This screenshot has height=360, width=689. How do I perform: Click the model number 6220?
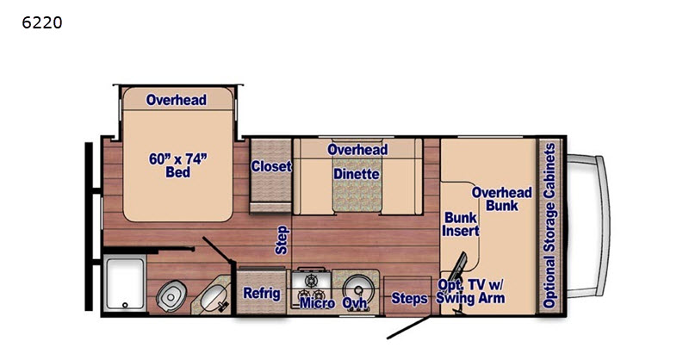point(41,22)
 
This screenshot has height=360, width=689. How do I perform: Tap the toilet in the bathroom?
point(171,295)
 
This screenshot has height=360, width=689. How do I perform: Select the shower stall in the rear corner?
point(125,284)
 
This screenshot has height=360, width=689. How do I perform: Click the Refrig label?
point(262,293)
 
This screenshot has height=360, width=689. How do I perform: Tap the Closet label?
point(271,166)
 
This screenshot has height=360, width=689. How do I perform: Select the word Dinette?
point(357,174)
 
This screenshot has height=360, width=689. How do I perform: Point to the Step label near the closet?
point(282,240)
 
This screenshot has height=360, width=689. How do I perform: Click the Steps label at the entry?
point(409,299)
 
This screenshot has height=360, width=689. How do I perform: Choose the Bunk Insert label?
point(461,224)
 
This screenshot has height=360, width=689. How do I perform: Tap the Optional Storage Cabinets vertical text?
point(549,226)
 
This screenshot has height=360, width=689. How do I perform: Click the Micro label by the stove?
point(317,303)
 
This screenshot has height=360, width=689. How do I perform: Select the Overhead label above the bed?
point(177,100)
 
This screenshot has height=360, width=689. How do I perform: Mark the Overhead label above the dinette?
point(357,150)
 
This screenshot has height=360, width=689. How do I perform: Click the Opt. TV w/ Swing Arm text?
point(470,291)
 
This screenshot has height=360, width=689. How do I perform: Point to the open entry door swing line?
point(408,327)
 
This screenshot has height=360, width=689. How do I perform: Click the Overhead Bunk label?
point(502,199)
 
